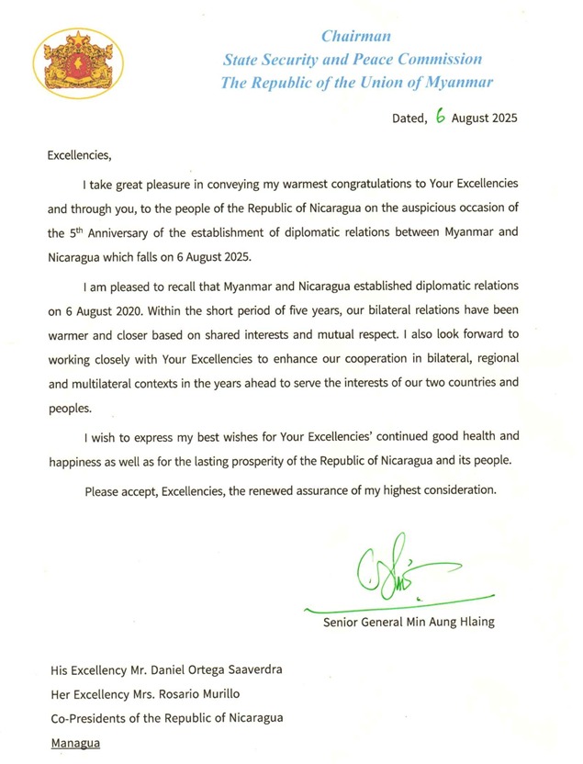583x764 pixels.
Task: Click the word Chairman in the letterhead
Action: pos(356,37)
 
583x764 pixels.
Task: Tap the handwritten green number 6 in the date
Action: pos(441,118)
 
